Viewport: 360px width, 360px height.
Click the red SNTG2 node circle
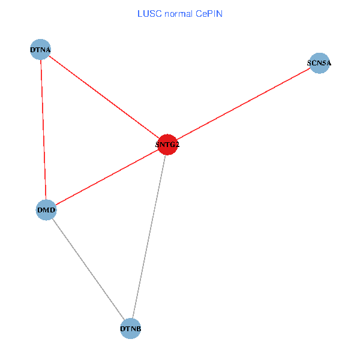167,144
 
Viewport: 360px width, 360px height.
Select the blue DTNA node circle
41,50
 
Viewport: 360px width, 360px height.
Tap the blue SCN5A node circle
319,62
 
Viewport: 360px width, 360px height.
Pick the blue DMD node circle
46,210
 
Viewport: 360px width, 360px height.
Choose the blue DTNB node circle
131,329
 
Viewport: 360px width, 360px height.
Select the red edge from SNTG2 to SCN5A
243,103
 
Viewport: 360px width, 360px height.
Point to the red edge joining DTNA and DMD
43,130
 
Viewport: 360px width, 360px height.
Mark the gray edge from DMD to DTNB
88,269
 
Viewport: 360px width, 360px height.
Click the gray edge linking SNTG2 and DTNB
149,236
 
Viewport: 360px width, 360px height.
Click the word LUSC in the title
148,13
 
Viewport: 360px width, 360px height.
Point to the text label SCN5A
319,62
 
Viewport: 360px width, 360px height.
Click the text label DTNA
41,50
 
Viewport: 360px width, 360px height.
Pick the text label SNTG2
167,145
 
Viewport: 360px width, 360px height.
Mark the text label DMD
46,210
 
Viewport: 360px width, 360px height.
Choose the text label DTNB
131,329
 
